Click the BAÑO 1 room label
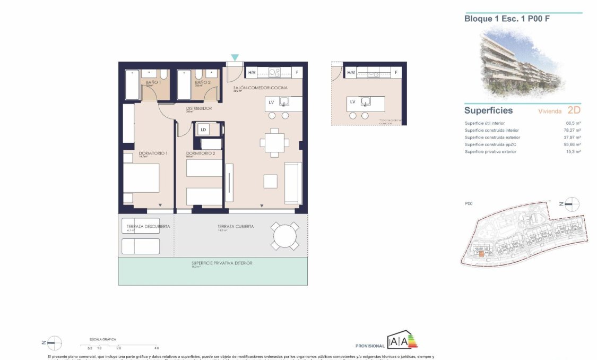click(x=153, y=82)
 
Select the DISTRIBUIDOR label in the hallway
click(x=198, y=108)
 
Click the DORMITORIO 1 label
click(x=153, y=153)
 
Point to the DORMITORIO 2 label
click(x=200, y=153)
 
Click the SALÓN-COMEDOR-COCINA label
click(x=260, y=87)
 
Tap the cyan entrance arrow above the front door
click(x=235, y=57)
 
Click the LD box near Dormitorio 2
click(x=203, y=129)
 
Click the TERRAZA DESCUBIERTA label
click(x=149, y=226)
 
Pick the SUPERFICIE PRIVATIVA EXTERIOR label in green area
click(x=222, y=263)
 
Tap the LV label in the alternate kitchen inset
click(x=352, y=101)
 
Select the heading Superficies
click(x=488, y=110)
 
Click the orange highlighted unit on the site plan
click(x=481, y=254)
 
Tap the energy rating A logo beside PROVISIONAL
click(x=402, y=340)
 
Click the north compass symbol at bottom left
click(x=54, y=343)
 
